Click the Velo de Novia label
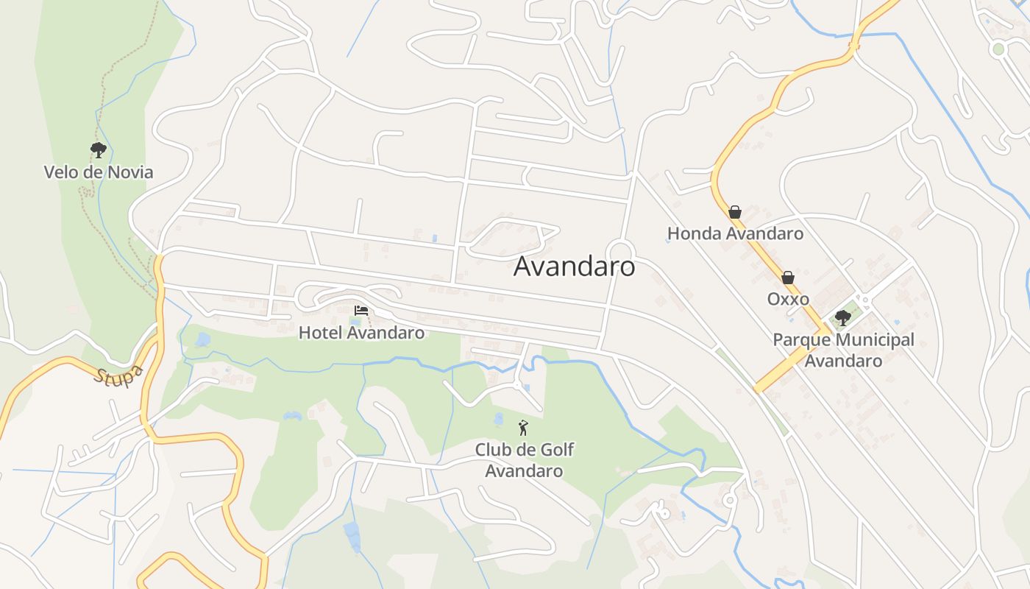pos(99,172)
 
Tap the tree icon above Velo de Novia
pos(99,151)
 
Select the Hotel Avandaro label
pos(361,333)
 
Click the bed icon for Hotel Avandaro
pos(360,311)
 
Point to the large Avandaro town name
pos(574,267)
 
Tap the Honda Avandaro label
pos(735,234)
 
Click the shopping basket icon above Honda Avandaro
pos(735,212)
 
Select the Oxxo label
pos(788,299)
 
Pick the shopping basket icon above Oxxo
pos(788,278)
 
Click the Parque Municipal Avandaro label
pos(843,350)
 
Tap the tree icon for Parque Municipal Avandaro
pos(843,318)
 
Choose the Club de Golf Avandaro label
pos(524,460)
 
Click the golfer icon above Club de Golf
pos(523,428)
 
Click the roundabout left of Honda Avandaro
pos(621,250)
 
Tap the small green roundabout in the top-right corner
pos(998,49)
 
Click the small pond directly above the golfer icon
pos(500,419)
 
